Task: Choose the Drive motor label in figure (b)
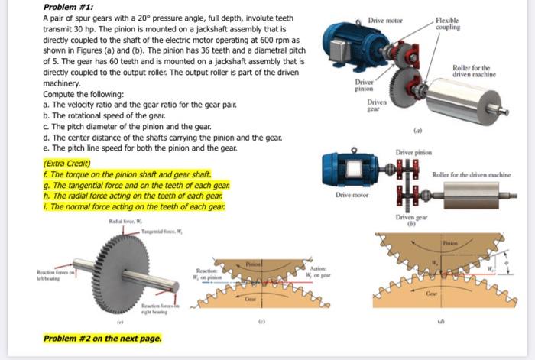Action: click(x=353, y=196)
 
